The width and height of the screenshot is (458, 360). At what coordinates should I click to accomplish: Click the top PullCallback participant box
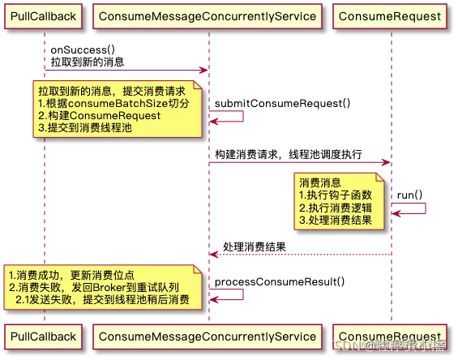pyautogui.click(x=45, y=15)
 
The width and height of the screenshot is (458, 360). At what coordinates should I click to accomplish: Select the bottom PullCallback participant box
pyautogui.click(x=45, y=336)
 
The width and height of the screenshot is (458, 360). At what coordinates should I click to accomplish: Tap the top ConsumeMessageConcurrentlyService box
pyautogui.click(x=209, y=15)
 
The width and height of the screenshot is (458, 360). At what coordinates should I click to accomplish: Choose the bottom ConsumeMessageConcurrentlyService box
pyautogui.click(x=209, y=336)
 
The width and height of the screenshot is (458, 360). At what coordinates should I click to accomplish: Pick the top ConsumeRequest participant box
pyautogui.click(x=392, y=15)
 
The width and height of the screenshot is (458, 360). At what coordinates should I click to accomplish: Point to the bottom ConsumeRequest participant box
pyautogui.click(x=392, y=336)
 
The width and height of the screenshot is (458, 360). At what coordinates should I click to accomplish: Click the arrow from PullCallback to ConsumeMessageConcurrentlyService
pyautogui.click(x=126, y=70)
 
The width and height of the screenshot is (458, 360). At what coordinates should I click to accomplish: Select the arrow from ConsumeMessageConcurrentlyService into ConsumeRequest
pyautogui.click(x=300, y=164)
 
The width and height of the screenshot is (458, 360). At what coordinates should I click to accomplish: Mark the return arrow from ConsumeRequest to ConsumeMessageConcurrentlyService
pyautogui.click(x=300, y=255)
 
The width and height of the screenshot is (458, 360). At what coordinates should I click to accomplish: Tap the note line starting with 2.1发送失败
pyautogui.click(x=101, y=300)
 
